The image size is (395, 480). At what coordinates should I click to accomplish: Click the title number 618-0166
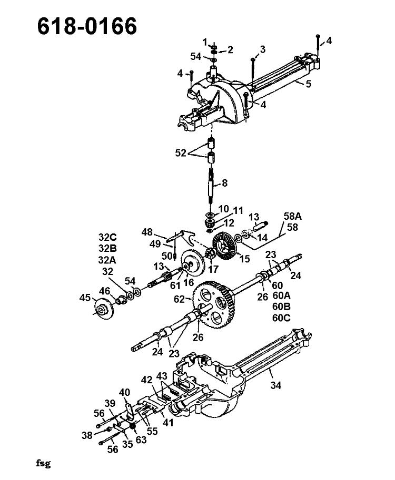[x=87, y=26]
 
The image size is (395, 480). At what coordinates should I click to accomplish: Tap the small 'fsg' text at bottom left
[x=43, y=463]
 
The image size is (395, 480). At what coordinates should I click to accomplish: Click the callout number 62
[x=180, y=299]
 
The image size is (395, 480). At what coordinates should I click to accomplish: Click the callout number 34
[x=275, y=385]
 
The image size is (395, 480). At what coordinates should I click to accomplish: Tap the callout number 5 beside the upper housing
[x=308, y=84]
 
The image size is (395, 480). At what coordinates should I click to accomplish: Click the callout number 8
[x=225, y=183]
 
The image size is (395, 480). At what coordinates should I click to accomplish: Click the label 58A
[x=293, y=216]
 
